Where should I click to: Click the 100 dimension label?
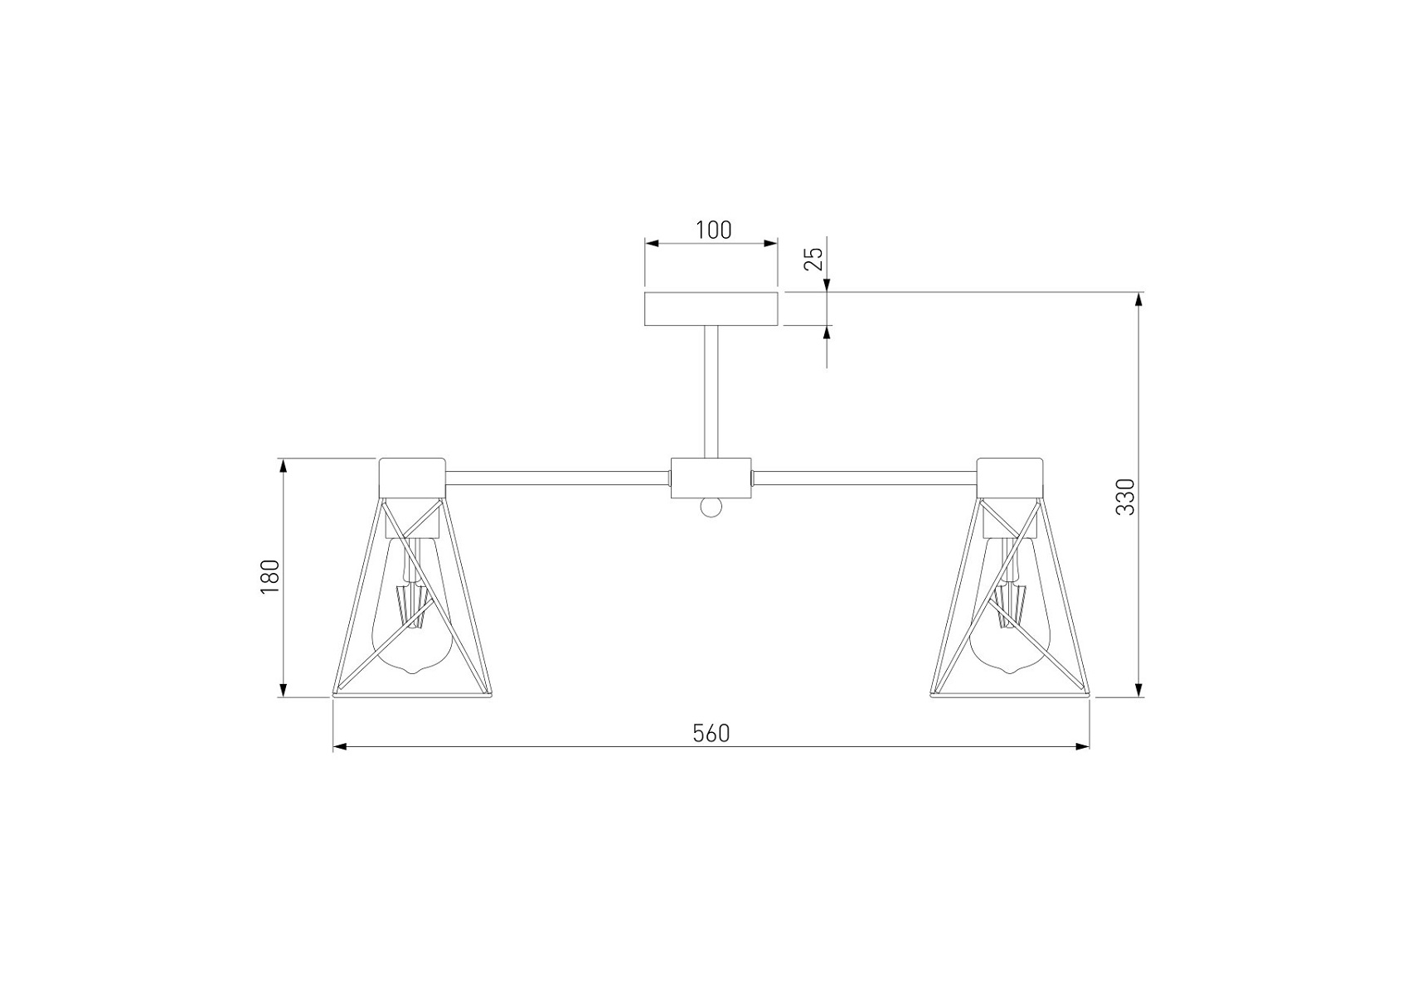click(713, 230)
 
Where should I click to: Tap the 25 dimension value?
click(815, 259)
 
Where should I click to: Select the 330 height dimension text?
click(1124, 497)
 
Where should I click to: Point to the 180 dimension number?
click(269, 577)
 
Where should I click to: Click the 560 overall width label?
click(711, 733)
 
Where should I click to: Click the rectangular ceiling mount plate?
click(711, 308)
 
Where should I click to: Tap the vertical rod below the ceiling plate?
click(711, 391)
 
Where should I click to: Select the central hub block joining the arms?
click(711, 478)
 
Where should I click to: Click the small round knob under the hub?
click(711, 507)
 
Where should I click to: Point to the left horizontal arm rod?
click(558, 478)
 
